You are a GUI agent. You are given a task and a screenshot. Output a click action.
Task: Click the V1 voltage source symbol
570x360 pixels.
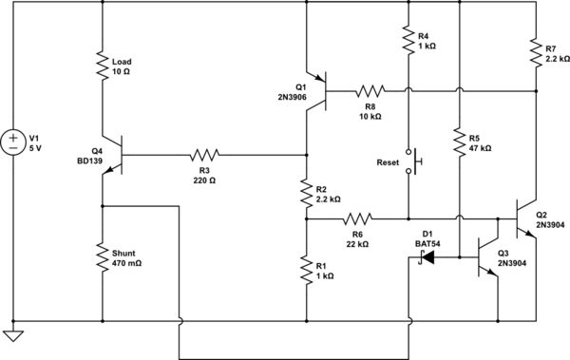pos(13,143)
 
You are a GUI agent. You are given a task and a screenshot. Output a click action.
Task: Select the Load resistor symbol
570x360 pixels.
pos(102,65)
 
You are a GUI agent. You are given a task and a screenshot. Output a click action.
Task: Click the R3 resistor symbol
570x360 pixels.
pos(204,154)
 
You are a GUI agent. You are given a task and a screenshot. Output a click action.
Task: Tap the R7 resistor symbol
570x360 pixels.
pos(536,52)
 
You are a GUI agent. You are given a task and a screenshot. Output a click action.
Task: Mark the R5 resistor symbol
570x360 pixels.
pos(459,142)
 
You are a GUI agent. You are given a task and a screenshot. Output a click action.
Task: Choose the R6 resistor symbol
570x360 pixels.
pos(357,218)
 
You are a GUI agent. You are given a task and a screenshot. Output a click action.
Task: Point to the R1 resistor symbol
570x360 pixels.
pos(307,270)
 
